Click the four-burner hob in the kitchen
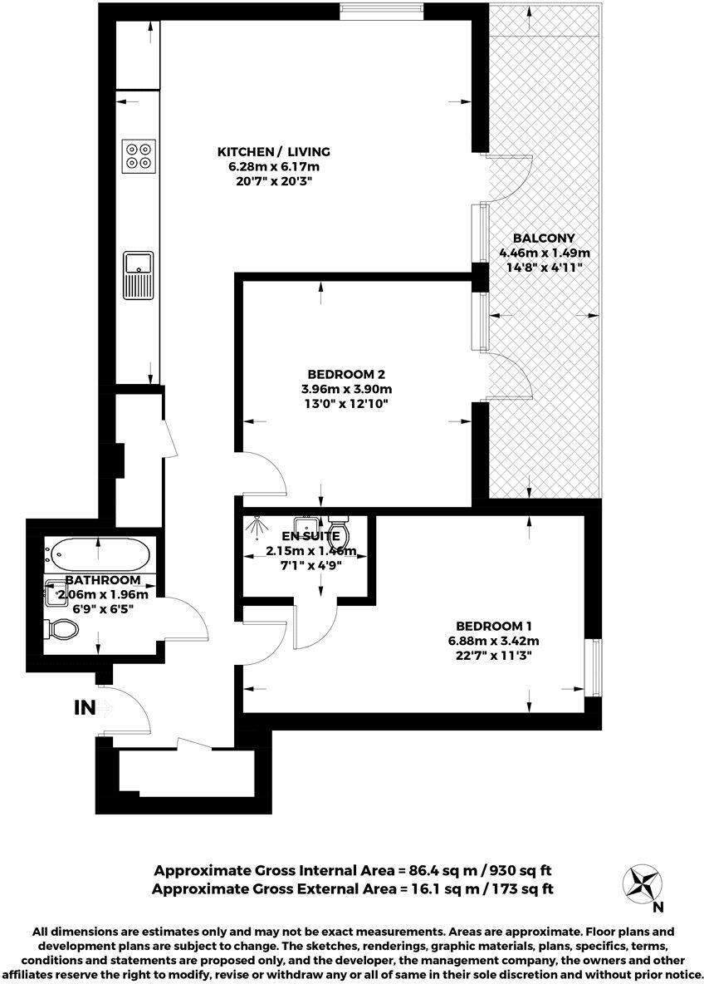click(139, 155)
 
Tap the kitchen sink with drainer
click(138, 274)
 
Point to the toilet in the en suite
click(340, 529)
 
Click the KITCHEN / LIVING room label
click(274, 152)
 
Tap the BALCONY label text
click(544, 238)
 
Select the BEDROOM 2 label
click(346, 374)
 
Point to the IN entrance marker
click(86, 708)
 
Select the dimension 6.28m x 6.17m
click(274, 166)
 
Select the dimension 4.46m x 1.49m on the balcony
click(544, 253)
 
